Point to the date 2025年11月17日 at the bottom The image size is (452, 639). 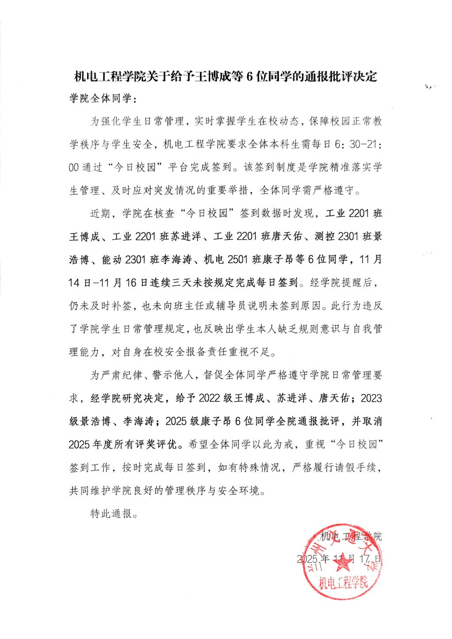coord(339,559)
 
